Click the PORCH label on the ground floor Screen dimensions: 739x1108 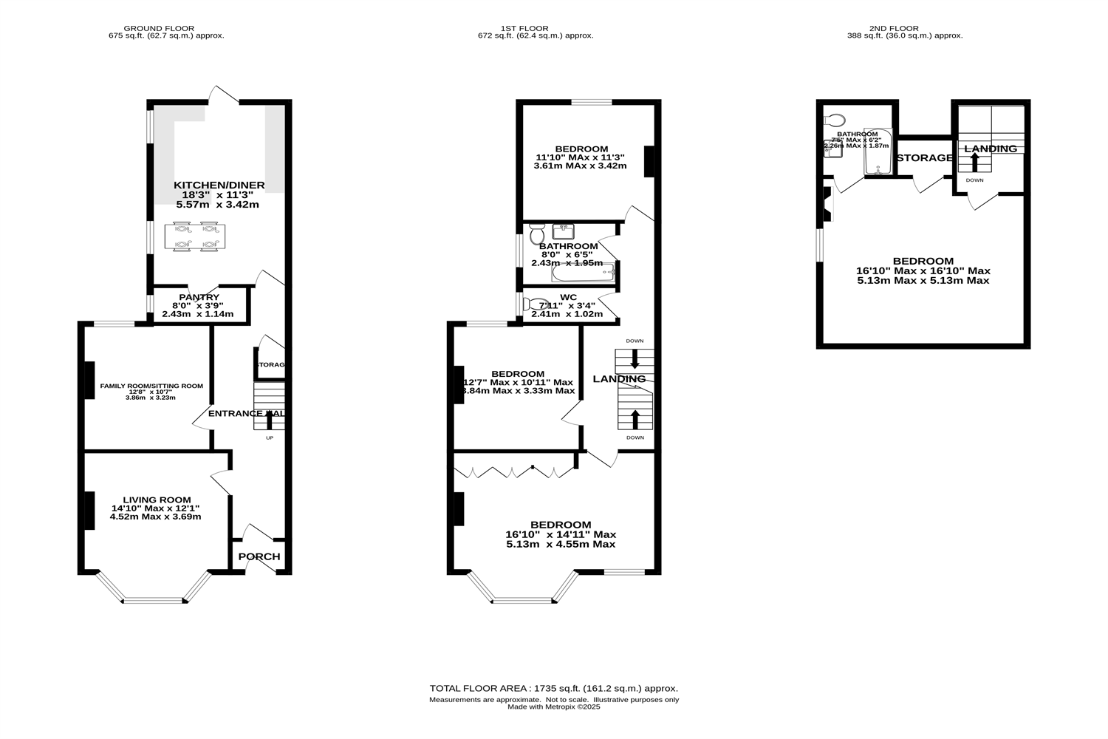(259, 556)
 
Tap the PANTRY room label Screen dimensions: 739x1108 (199, 297)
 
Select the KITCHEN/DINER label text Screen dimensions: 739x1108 (219, 185)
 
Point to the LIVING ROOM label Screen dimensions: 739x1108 (157, 500)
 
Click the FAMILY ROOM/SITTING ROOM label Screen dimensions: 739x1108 (151, 386)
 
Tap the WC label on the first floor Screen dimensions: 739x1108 (568, 297)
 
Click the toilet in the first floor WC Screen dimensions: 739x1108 (533, 304)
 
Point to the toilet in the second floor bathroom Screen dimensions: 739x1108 (835, 120)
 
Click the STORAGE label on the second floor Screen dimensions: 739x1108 (924, 157)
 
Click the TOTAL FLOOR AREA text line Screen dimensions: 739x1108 (554, 688)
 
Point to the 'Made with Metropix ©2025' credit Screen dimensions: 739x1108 (554, 707)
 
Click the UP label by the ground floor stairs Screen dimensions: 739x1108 (270, 438)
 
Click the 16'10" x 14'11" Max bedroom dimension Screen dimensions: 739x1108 (561, 534)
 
